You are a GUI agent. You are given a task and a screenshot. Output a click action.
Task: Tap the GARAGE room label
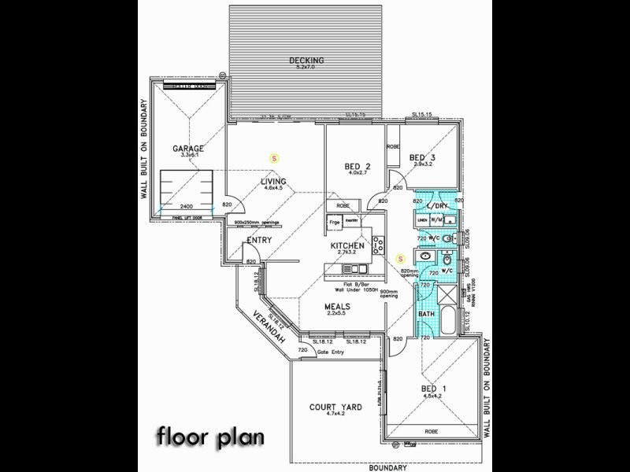188,148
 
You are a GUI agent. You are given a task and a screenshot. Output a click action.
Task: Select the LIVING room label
273,182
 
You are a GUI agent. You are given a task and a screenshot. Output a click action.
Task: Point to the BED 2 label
358,166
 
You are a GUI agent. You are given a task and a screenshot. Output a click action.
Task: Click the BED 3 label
422,157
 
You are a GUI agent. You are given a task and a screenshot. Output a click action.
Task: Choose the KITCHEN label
346,246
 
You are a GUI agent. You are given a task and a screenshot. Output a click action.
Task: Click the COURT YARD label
335,407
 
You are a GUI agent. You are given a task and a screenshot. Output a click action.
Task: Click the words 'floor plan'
209,435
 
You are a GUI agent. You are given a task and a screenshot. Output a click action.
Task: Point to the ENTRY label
259,240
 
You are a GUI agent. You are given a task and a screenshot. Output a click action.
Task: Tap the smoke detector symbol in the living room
274,158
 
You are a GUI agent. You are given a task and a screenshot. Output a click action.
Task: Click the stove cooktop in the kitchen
377,245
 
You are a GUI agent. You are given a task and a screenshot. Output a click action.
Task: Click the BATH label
426,315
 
